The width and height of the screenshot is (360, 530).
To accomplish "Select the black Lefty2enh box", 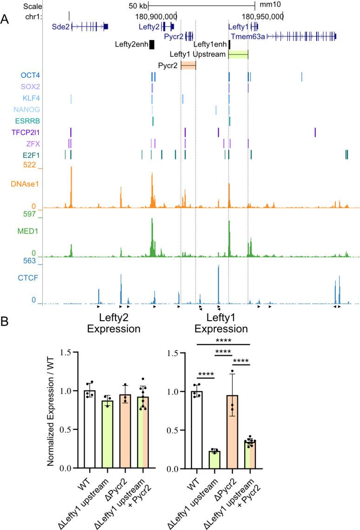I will point(152,44).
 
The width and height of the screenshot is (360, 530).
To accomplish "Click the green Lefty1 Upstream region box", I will point(238,55).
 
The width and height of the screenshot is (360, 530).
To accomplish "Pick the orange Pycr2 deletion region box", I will point(188,66).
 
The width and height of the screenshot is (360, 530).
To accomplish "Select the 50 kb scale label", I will point(138,6).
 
